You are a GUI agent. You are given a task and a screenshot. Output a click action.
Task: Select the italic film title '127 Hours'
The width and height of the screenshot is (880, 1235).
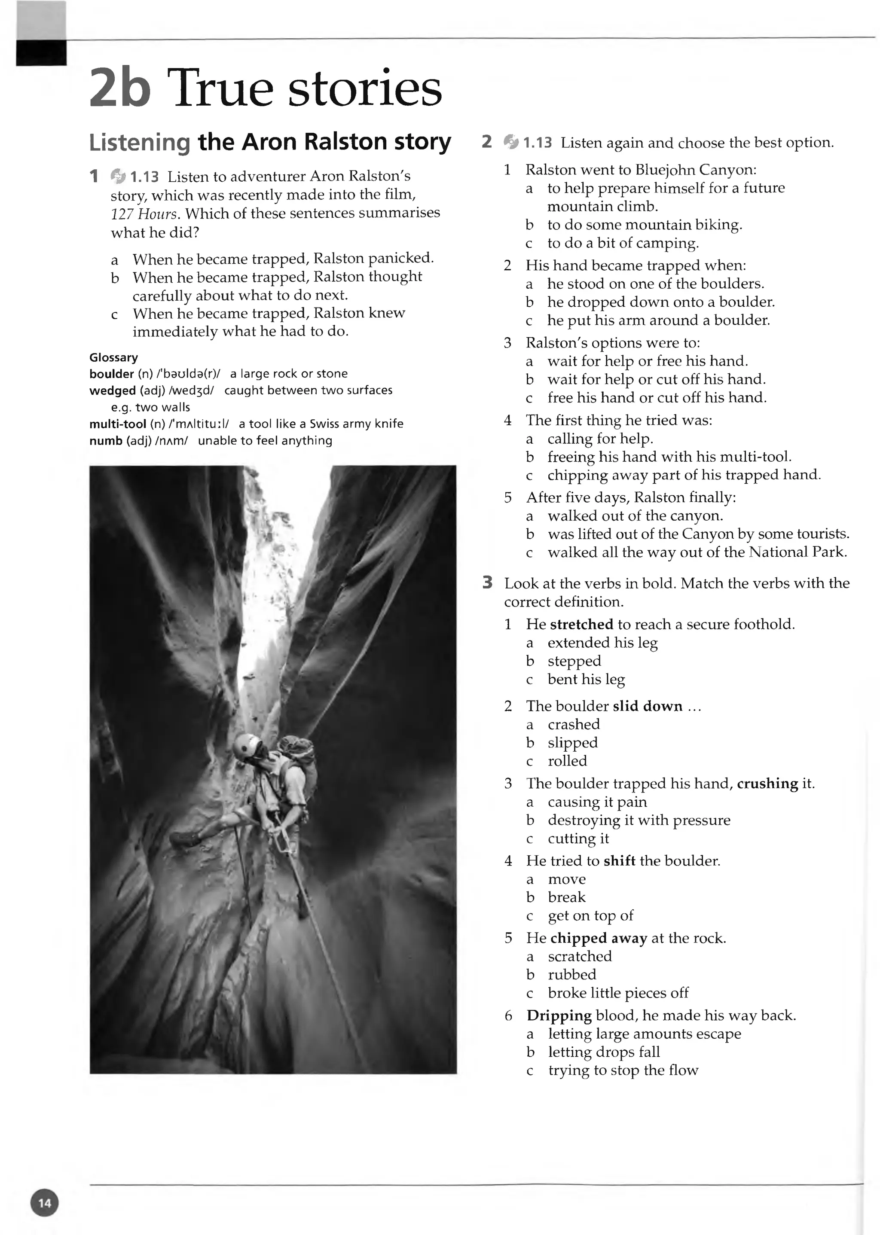[144, 214]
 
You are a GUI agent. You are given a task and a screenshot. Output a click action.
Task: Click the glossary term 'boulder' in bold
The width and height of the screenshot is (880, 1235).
[111, 374]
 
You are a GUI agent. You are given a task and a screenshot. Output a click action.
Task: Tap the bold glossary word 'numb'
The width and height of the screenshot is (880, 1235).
[106, 441]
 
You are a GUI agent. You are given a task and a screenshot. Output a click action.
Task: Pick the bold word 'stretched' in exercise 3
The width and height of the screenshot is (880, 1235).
[581, 625]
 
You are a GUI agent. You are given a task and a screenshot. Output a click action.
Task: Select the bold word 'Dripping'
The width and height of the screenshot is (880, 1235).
[559, 1015]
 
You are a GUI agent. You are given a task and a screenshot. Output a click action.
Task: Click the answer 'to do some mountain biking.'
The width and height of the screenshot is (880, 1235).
[644, 225]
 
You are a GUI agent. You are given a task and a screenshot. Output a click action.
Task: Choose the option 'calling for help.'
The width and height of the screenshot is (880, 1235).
[600, 439]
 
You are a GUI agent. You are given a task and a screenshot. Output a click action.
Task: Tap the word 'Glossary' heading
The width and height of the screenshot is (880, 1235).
[113, 357]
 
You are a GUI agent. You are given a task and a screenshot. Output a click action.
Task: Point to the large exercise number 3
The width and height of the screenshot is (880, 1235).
[487, 583]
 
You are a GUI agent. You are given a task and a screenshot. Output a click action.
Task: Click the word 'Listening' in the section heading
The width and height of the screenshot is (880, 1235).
[140, 143]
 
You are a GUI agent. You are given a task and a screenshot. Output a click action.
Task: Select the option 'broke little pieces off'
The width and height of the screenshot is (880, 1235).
[618, 993]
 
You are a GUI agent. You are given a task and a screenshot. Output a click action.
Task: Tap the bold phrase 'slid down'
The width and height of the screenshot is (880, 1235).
[648, 706]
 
